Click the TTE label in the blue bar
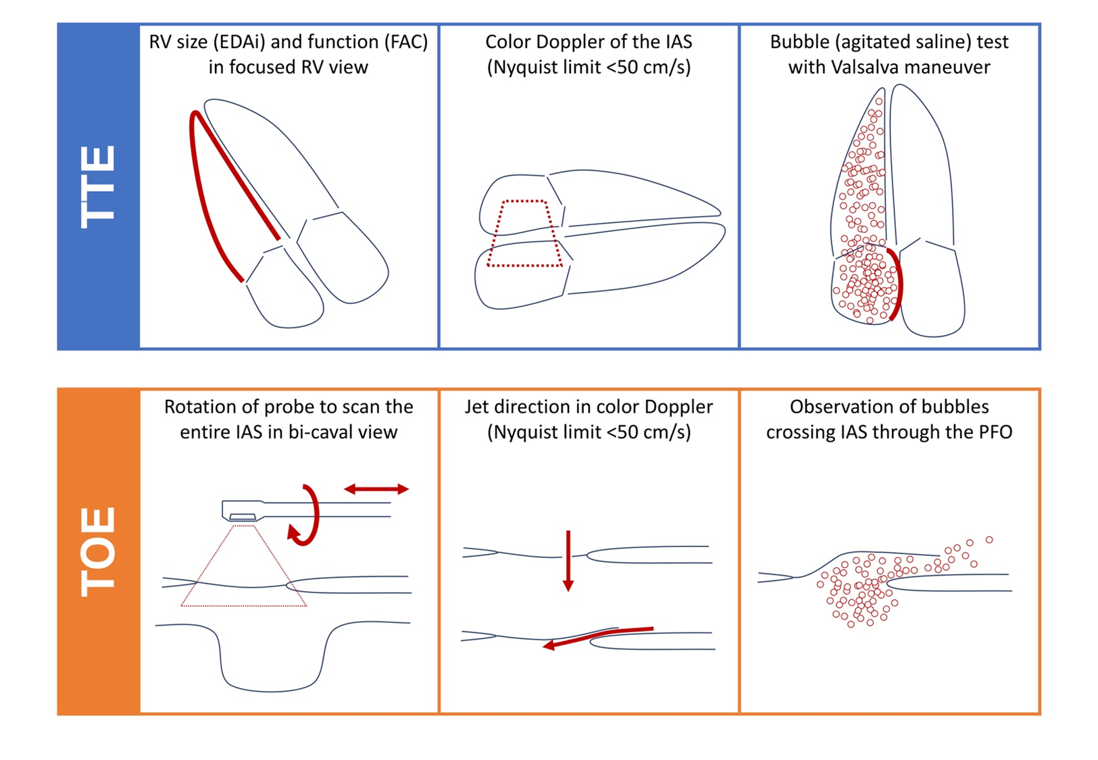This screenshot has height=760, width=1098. click(x=99, y=187)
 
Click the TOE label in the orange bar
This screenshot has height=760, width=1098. click(x=99, y=551)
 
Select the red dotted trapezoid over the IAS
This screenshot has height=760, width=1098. click(x=525, y=234)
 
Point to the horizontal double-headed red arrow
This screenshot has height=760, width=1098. click(x=376, y=488)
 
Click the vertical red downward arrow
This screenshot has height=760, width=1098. click(x=568, y=561)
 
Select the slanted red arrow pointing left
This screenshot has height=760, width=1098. click(x=598, y=637)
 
